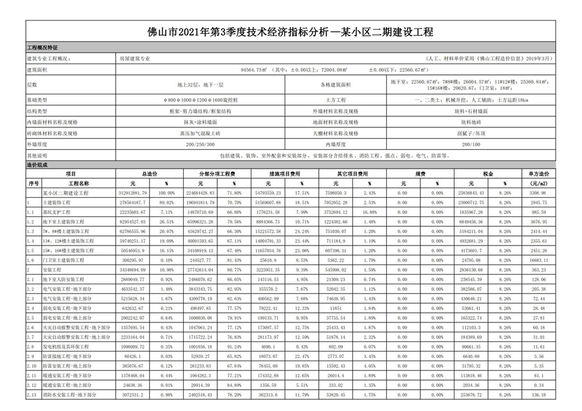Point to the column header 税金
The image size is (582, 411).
(x=487, y=174)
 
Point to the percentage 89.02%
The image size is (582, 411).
(x=167, y=202)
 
